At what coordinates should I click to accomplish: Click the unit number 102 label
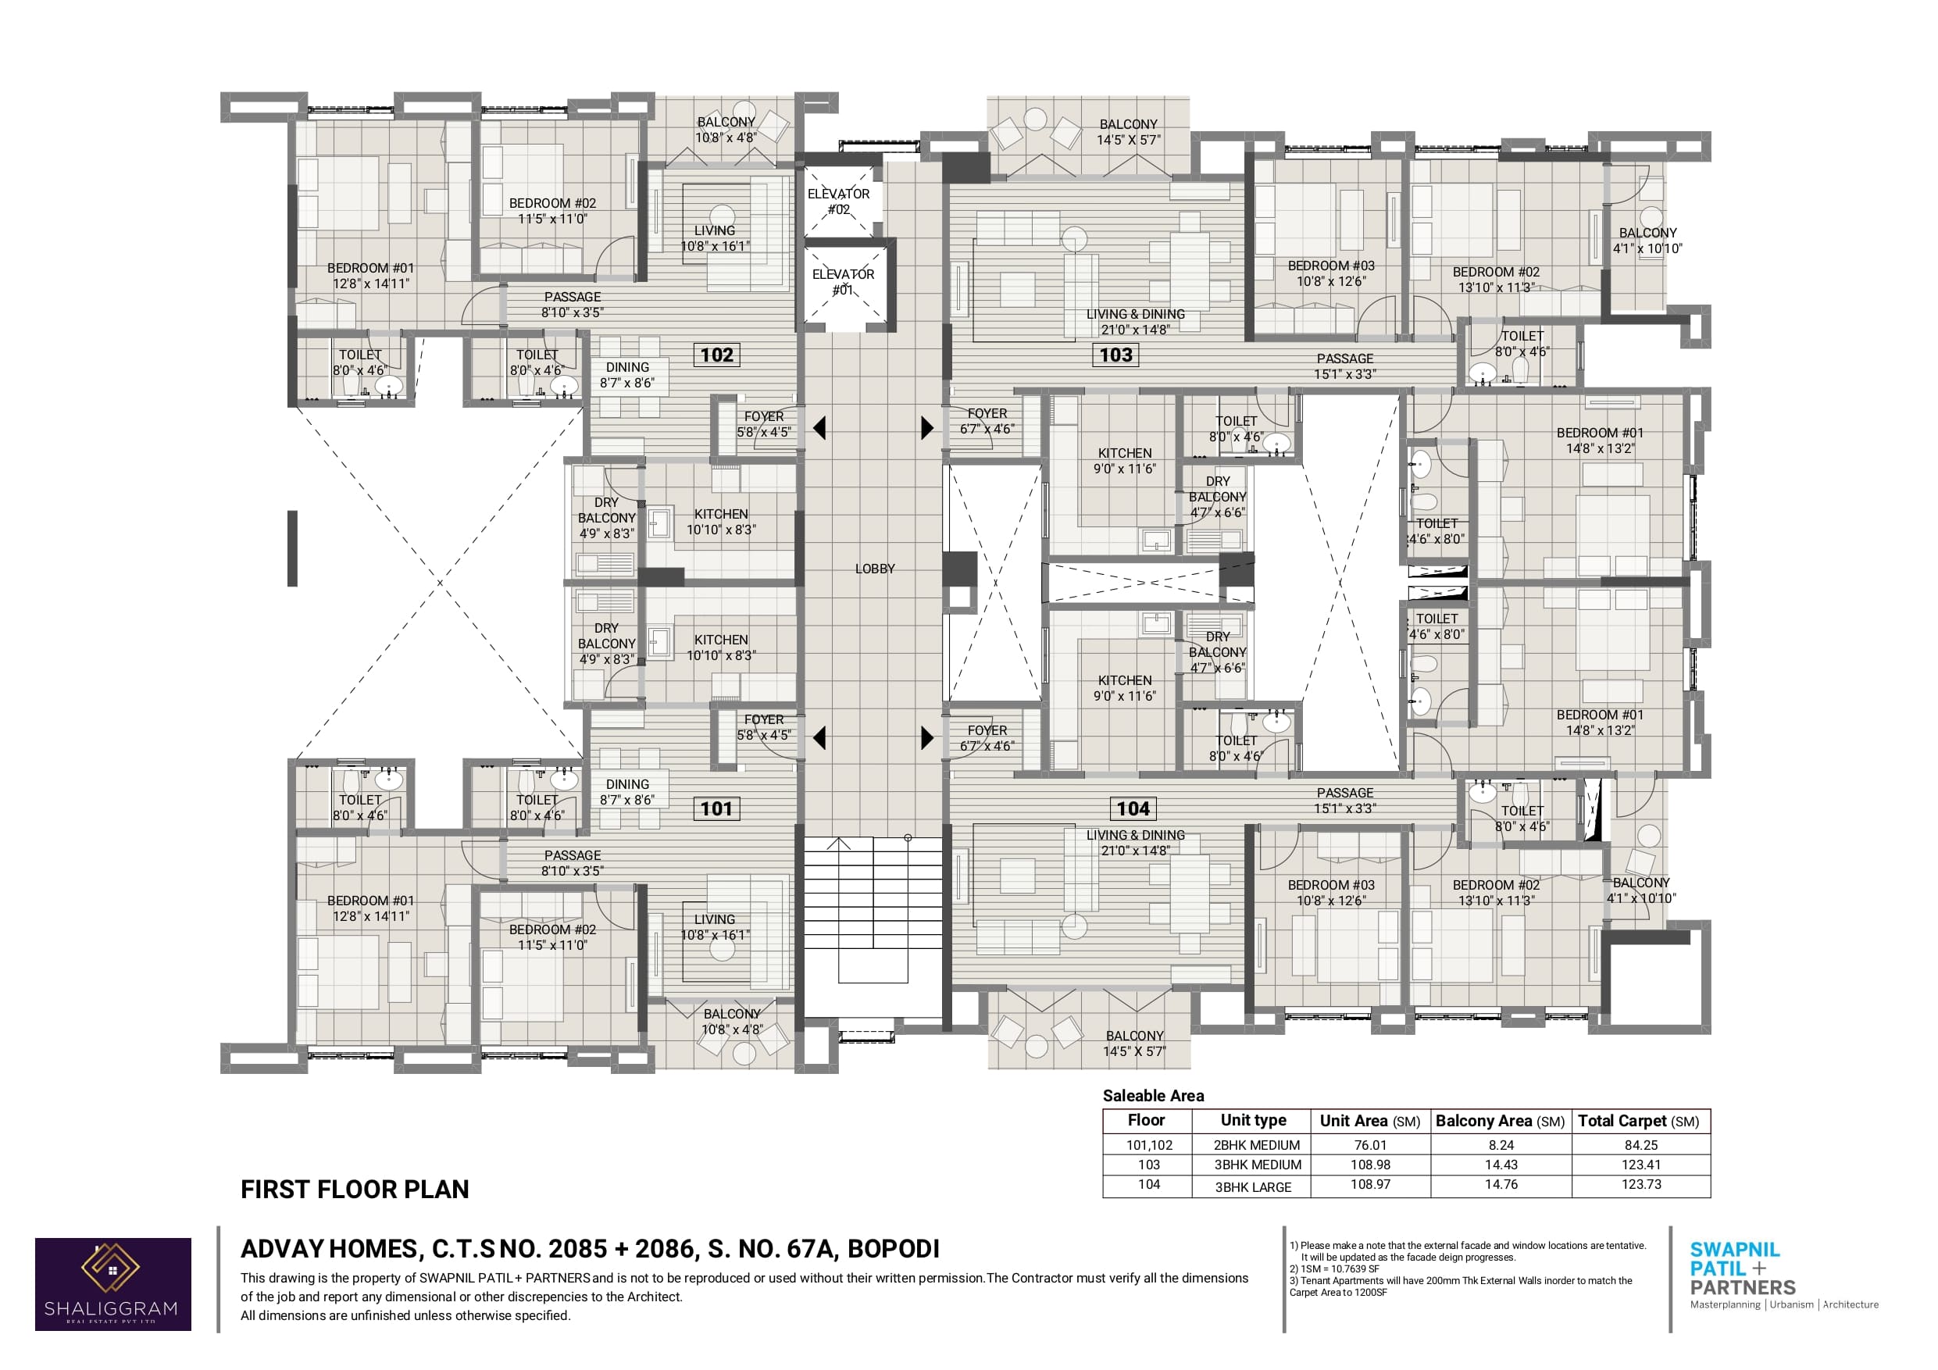pos(716,355)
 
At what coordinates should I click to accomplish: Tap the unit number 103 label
pos(1116,355)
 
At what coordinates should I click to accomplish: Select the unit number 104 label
pos(1133,808)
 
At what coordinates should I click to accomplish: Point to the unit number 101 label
pos(716,808)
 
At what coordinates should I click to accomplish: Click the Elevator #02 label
pos(838,202)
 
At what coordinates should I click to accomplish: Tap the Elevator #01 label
pos(843,282)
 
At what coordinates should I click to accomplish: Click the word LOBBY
pos(874,569)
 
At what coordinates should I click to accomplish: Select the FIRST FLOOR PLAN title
pos(355,1190)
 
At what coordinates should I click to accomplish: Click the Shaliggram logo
pos(113,1284)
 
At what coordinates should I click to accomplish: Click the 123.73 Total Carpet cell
pos(1641,1184)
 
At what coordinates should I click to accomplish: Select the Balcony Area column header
pos(1500,1121)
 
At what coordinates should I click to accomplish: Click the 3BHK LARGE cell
pos(1254,1186)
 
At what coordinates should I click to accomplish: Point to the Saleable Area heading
pos(1153,1096)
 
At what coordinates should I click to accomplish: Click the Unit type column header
pos(1254,1120)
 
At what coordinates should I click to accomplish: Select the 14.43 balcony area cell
pos(1501,1165)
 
